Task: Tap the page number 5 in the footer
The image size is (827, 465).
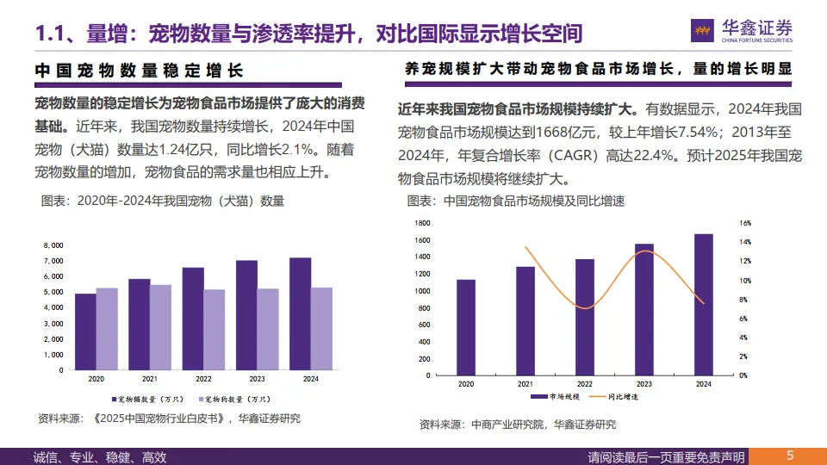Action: (x=789, y=456)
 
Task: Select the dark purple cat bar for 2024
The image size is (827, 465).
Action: (x=301, y=313)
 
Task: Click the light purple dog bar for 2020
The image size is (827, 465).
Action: (x=107, y=328)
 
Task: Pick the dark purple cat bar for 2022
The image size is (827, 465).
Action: (x=193, y=318)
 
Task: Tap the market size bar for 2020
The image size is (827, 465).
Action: (x=466, y=327)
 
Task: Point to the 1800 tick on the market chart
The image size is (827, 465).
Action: (x=421, y=222)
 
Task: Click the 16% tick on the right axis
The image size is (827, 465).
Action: (x=746, y=222)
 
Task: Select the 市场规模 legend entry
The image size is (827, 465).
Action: (x=557, y=397)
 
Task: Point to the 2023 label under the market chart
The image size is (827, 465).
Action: (x=644, y=383)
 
